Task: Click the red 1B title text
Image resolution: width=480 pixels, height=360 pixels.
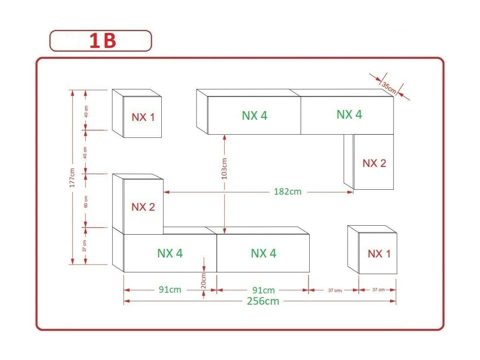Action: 103,41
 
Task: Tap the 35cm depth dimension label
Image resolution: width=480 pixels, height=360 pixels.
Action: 389,88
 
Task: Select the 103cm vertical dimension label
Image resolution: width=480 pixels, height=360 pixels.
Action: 224,168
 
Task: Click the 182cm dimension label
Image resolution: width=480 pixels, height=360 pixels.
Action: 288,192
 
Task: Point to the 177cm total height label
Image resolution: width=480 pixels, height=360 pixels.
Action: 72,178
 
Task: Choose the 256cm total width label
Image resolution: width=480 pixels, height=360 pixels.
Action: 263,301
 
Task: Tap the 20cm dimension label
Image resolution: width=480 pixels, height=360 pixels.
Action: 203,280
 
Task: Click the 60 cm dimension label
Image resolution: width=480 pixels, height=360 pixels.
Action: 86,202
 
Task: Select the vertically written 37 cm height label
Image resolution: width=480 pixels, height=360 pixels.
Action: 85,245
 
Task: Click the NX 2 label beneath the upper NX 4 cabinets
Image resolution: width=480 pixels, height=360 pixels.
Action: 374,163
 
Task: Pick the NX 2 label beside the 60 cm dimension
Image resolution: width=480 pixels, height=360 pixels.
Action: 143,207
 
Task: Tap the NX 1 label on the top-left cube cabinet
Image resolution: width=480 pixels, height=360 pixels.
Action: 143,117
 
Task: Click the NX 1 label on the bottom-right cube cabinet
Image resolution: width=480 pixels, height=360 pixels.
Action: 379,254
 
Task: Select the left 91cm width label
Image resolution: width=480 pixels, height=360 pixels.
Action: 170,290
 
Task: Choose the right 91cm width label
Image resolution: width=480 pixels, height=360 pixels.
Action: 264,290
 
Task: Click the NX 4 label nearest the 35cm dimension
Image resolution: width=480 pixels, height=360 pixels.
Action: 349,114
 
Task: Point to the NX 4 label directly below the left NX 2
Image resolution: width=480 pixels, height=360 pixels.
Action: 170,253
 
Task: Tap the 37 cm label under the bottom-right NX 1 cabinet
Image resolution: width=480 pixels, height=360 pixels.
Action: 378,290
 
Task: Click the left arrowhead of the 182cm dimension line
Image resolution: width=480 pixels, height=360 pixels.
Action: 166,192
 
